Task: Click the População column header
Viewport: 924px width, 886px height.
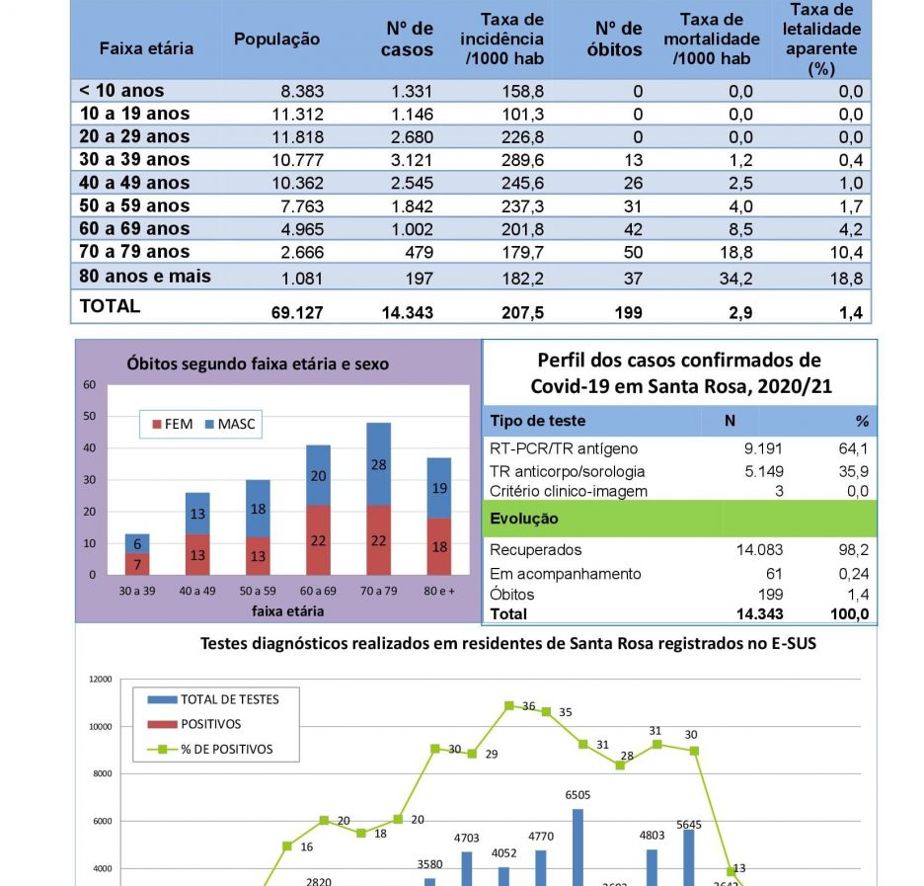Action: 277,39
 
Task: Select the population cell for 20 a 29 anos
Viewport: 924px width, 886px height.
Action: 297,136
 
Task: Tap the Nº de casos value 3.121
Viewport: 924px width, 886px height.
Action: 412,160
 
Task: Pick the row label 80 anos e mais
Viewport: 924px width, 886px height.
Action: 145,276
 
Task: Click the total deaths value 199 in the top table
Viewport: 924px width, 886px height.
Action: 628,312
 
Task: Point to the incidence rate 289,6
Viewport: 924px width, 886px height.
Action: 522,160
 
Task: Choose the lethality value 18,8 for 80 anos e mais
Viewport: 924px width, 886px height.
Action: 846,279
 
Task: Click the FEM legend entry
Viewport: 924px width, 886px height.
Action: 172,424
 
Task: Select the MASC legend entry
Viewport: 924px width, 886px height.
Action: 230,424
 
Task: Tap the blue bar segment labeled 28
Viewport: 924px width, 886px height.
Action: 378,464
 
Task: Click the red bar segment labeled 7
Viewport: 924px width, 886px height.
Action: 137,564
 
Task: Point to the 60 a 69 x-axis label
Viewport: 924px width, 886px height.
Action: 318,591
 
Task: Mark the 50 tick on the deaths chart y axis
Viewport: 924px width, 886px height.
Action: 90,416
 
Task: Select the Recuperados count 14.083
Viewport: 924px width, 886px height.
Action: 759,550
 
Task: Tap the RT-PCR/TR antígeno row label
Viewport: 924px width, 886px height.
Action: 564,448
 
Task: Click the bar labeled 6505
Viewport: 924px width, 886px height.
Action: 578,847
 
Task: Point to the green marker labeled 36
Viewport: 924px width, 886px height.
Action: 509,705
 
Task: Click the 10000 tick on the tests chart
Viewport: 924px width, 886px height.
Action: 100,727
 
